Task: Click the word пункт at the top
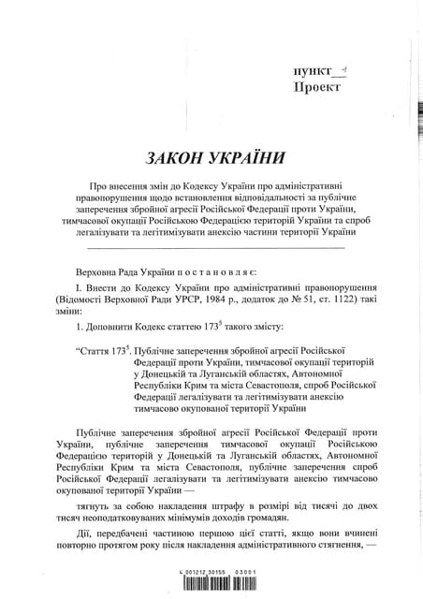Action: [314, 73]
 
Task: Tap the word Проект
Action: [316, 89]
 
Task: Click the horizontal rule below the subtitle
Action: [216, 247]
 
